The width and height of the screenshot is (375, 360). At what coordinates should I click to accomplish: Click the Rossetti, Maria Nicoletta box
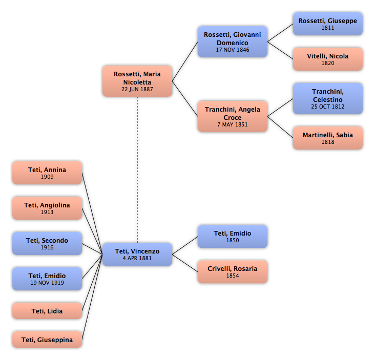pyautogui.click(x=137, y=81)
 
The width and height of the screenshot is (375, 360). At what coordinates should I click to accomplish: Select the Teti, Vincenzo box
pyautogui.click(x=137, y=255)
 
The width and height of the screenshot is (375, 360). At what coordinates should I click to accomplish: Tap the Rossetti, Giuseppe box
pyautogui.click(x=328, y=24)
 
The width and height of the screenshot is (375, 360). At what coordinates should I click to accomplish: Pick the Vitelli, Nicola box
pyautogui.click(x=328, y=59)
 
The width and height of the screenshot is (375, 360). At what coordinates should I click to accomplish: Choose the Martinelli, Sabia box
pyautogui.click(x=328, y=138)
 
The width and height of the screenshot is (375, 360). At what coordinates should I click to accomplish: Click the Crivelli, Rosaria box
pyautogui.click(x=233, y=272)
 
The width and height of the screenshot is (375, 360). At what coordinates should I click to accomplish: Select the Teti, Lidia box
pyautogui.click(x=47, y=311)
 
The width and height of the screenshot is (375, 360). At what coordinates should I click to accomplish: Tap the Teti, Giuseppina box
pyautogui.click(x=47, y=340)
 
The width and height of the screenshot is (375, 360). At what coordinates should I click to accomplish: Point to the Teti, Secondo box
pyautogui.click(x=47, y=243)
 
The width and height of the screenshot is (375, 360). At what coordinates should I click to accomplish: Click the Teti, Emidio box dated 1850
pyautogui.click(x=233, y=237)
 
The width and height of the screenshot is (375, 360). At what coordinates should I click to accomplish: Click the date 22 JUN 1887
pyautogui.click(x=137, y=89)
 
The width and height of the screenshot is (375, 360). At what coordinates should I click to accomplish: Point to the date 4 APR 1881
pyautogui.click(x=137, y=258)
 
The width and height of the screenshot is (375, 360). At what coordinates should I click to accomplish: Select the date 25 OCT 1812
pyautogui.click(x=328, y=107)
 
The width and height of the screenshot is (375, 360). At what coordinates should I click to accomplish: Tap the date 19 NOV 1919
pyautogui.click(x=47, y=283)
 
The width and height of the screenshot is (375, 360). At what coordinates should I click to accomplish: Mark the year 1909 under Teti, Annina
pyautogui.click(x=47, y=177)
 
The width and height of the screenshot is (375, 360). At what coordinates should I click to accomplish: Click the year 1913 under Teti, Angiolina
pyautogui.click(x=47, y=212)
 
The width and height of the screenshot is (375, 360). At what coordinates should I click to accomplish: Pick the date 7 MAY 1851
pyautogui.click(x=233, y=124)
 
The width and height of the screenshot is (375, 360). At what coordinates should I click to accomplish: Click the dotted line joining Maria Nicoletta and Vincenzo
pyautogui.click(x=137, y=170)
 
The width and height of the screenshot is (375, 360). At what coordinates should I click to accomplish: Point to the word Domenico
pyautogui.click(x=233, y=43)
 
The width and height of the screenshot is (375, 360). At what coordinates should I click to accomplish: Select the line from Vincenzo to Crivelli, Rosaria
pyautogui.click(x=185, y=263)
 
